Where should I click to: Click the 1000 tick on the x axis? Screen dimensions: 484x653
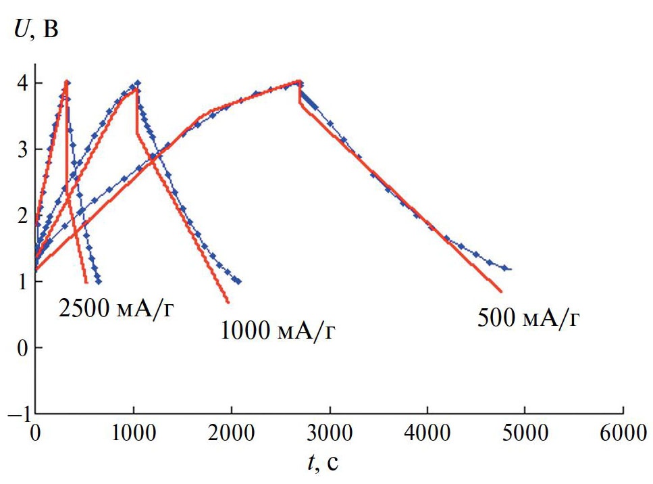pyautogui.click(x=133, y=432)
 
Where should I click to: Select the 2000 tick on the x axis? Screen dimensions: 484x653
pyautogui.click(x=231, y=432)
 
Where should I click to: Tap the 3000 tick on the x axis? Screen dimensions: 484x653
pyautogui.click(x=329, y=432)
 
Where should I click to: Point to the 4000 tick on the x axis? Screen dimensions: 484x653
pyautogui.click(x=427, y=432)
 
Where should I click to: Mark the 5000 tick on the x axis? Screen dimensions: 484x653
pyautogui.click(x=525, y=432)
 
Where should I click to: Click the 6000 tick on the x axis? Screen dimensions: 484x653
pyautogui.click(x=623, y=432)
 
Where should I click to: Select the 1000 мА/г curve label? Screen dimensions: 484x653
pyautogui.click(x=278, y=331)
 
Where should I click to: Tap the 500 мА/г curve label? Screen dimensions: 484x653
pyautogui.click(x=529, y=318)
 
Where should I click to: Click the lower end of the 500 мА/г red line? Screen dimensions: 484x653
pyautogui.click(x=502, y=291)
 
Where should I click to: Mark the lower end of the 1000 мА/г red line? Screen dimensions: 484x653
pyautogui.click(x=228, y=302)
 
